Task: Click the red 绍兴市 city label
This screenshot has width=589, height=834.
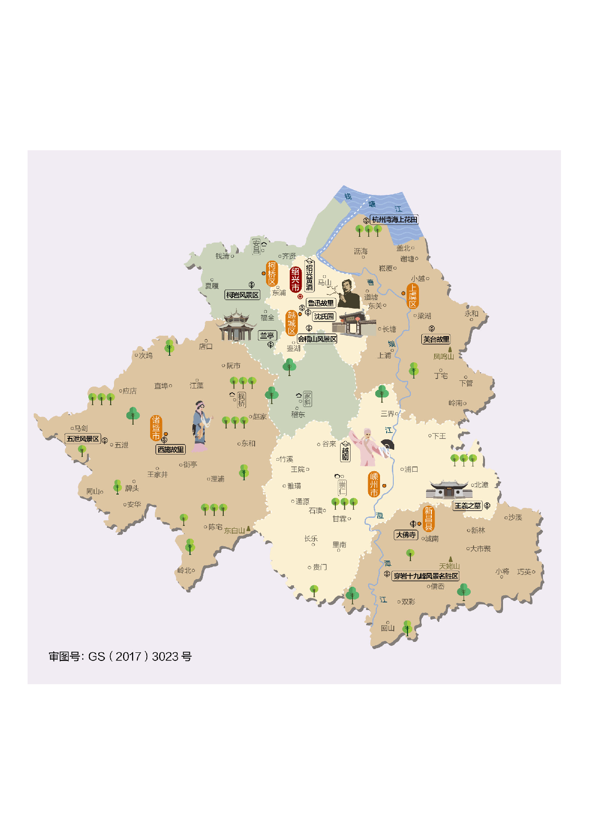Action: (295, 279)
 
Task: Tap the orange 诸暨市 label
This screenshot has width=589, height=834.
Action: (156, 428)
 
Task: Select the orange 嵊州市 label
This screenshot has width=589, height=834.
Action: (374, 485)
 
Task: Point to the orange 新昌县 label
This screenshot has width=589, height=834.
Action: (428, 519)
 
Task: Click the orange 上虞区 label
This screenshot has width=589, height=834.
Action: (412, 296)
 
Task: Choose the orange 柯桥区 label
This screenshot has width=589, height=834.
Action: (272, 273)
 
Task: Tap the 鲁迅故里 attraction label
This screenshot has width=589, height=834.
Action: (321, 303)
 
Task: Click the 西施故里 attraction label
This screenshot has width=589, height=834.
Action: (171, 449)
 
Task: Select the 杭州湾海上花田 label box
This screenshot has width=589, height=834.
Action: (394, 220)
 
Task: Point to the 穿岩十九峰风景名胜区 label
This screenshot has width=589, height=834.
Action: (426, 576)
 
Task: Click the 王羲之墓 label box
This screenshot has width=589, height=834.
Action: (467, 506)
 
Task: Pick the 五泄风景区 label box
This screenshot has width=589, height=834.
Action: (83, 439)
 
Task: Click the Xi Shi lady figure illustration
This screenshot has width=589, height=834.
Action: (200, 426)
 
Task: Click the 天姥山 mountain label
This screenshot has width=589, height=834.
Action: (449, 566)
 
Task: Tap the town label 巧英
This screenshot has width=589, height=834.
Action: (524, 572)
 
